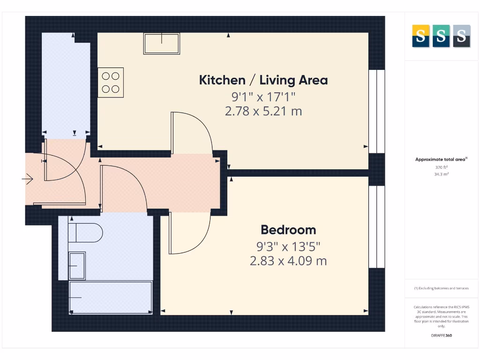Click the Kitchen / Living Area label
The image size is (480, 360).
(263, 80)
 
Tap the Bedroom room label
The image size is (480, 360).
(288, 230)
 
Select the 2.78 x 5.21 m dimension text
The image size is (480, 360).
(263, 111)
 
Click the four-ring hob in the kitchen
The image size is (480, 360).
(111, 82)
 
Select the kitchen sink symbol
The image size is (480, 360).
(162, 44)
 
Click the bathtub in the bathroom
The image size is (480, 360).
(111, 297)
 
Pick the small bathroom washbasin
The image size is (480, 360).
(77, 266)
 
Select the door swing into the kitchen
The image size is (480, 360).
(191, 134)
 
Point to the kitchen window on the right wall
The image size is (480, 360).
(376, 111)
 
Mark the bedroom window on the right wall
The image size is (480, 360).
(376, 227)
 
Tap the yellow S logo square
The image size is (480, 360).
(420, 36)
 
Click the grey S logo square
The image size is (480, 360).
(462, 36)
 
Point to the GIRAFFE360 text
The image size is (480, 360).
(441, 336)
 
